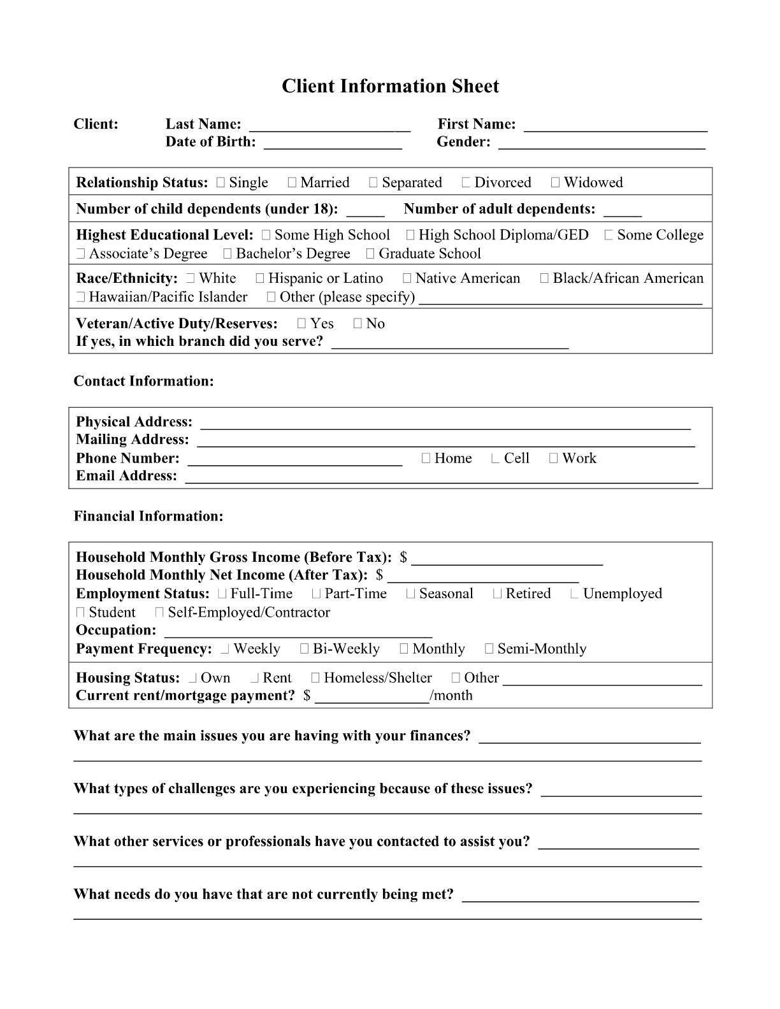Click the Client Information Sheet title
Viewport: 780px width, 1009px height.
pyautogui.click(x=390, y=86)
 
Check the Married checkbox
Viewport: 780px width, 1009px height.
pyautogui.click(x=292, y=183)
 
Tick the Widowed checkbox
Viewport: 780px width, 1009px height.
pyautogui.click(x=555, y=183)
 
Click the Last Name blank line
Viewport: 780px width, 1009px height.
pyautogui.click(x=329, y=126)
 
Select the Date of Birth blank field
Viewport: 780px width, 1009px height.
pyautogui.click(x=333, y=144)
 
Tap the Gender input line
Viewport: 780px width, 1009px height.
pyautogui.click(x=602, y=144)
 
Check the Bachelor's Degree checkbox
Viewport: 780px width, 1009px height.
pyautogui.click(x=227, y=254)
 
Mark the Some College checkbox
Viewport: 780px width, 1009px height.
pyautogui.click(x=609, y=235)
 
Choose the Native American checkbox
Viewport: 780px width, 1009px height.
pyautogui.click(x=407, y=278)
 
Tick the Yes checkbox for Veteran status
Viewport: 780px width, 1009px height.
pyautogui.click(x=302, y=324)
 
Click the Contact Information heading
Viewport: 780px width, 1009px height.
pyautogui.click(x=143, y=381)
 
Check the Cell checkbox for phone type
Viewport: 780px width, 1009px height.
pyautogui.click(x=495, y=459)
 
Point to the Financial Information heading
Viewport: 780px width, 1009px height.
pyautogui.click(x=148, y=516)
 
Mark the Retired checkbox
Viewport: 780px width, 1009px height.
pyautogui.click(x=497, y=594)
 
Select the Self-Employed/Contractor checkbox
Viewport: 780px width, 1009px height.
pyautogui.click(x=159, y=613)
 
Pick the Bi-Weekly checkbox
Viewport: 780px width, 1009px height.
pyautogui.click(x=304, y=649)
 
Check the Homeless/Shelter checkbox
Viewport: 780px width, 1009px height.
pyautogui.click(x=315, y=678)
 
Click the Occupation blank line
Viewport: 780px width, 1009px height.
pyautogui.click(x=298, y=633)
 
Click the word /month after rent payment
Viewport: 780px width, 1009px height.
pyautogui.click(x=451, y=695)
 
